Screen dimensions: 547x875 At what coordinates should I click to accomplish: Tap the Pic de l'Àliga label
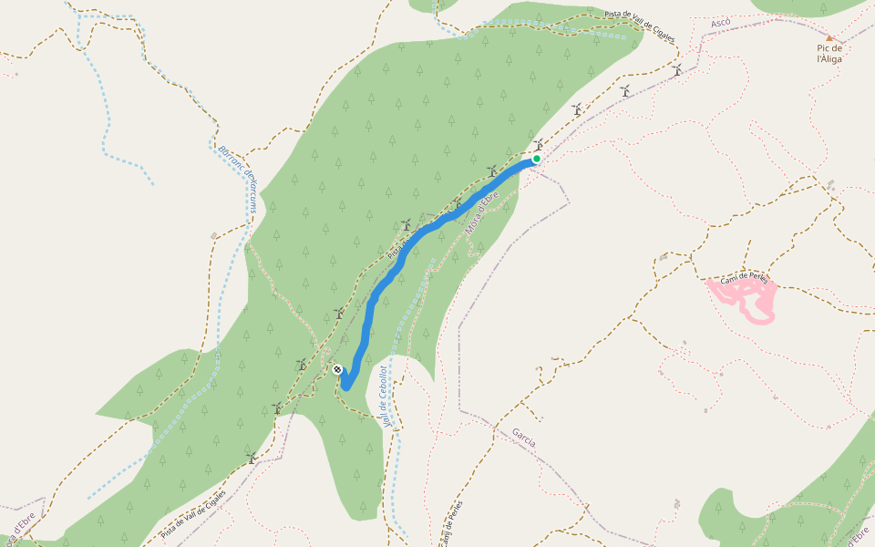click(x=829, y=53)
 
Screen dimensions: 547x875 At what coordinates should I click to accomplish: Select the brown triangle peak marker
click(x=829, y=38)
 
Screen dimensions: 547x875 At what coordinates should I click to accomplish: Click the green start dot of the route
click(x=537, y=159)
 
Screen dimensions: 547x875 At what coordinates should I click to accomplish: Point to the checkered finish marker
click(x=337, y=369)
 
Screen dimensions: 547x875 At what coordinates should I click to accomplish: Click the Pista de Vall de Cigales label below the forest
click(x=192, y=515)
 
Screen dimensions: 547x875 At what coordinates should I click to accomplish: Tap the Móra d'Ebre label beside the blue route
click(x=482, y=214)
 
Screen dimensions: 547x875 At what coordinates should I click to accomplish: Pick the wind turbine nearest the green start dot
click(x=540, y=144)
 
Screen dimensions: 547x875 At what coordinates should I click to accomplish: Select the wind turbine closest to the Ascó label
click(x=677, y=70)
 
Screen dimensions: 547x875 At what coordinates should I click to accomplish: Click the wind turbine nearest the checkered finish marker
click(x=301, y=364)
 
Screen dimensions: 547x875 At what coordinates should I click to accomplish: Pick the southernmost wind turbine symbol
click(x=251, y=458)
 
